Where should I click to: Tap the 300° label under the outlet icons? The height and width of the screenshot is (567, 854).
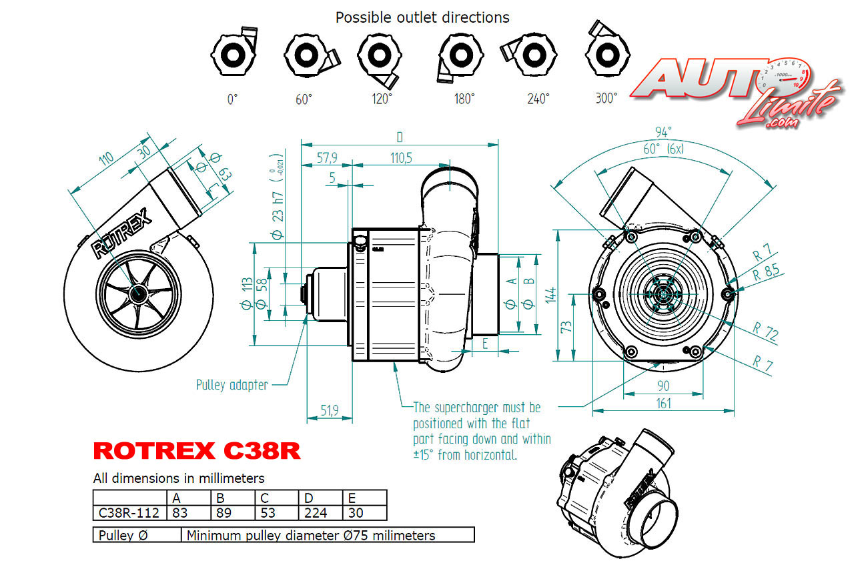[606, 99]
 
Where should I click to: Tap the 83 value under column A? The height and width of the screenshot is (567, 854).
[179, 513]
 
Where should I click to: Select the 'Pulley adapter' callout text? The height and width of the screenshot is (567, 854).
[232, 385]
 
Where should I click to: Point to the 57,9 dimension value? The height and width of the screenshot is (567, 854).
[326, 157]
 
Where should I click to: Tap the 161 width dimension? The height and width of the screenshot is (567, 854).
[663, 403]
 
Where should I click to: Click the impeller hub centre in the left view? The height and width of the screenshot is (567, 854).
[139, 293]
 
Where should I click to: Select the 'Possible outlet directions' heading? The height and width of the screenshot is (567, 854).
[422, 17]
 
